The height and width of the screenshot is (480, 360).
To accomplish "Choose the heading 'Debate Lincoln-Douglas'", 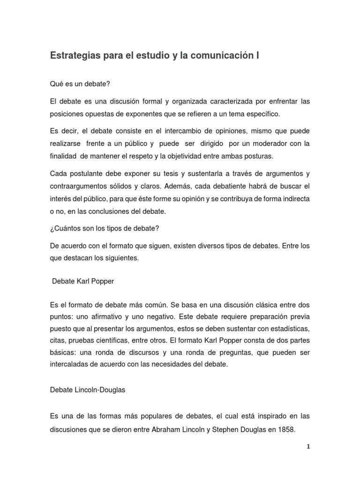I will tap(87, 390).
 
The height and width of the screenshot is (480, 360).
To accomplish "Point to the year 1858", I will tap(287, 429).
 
